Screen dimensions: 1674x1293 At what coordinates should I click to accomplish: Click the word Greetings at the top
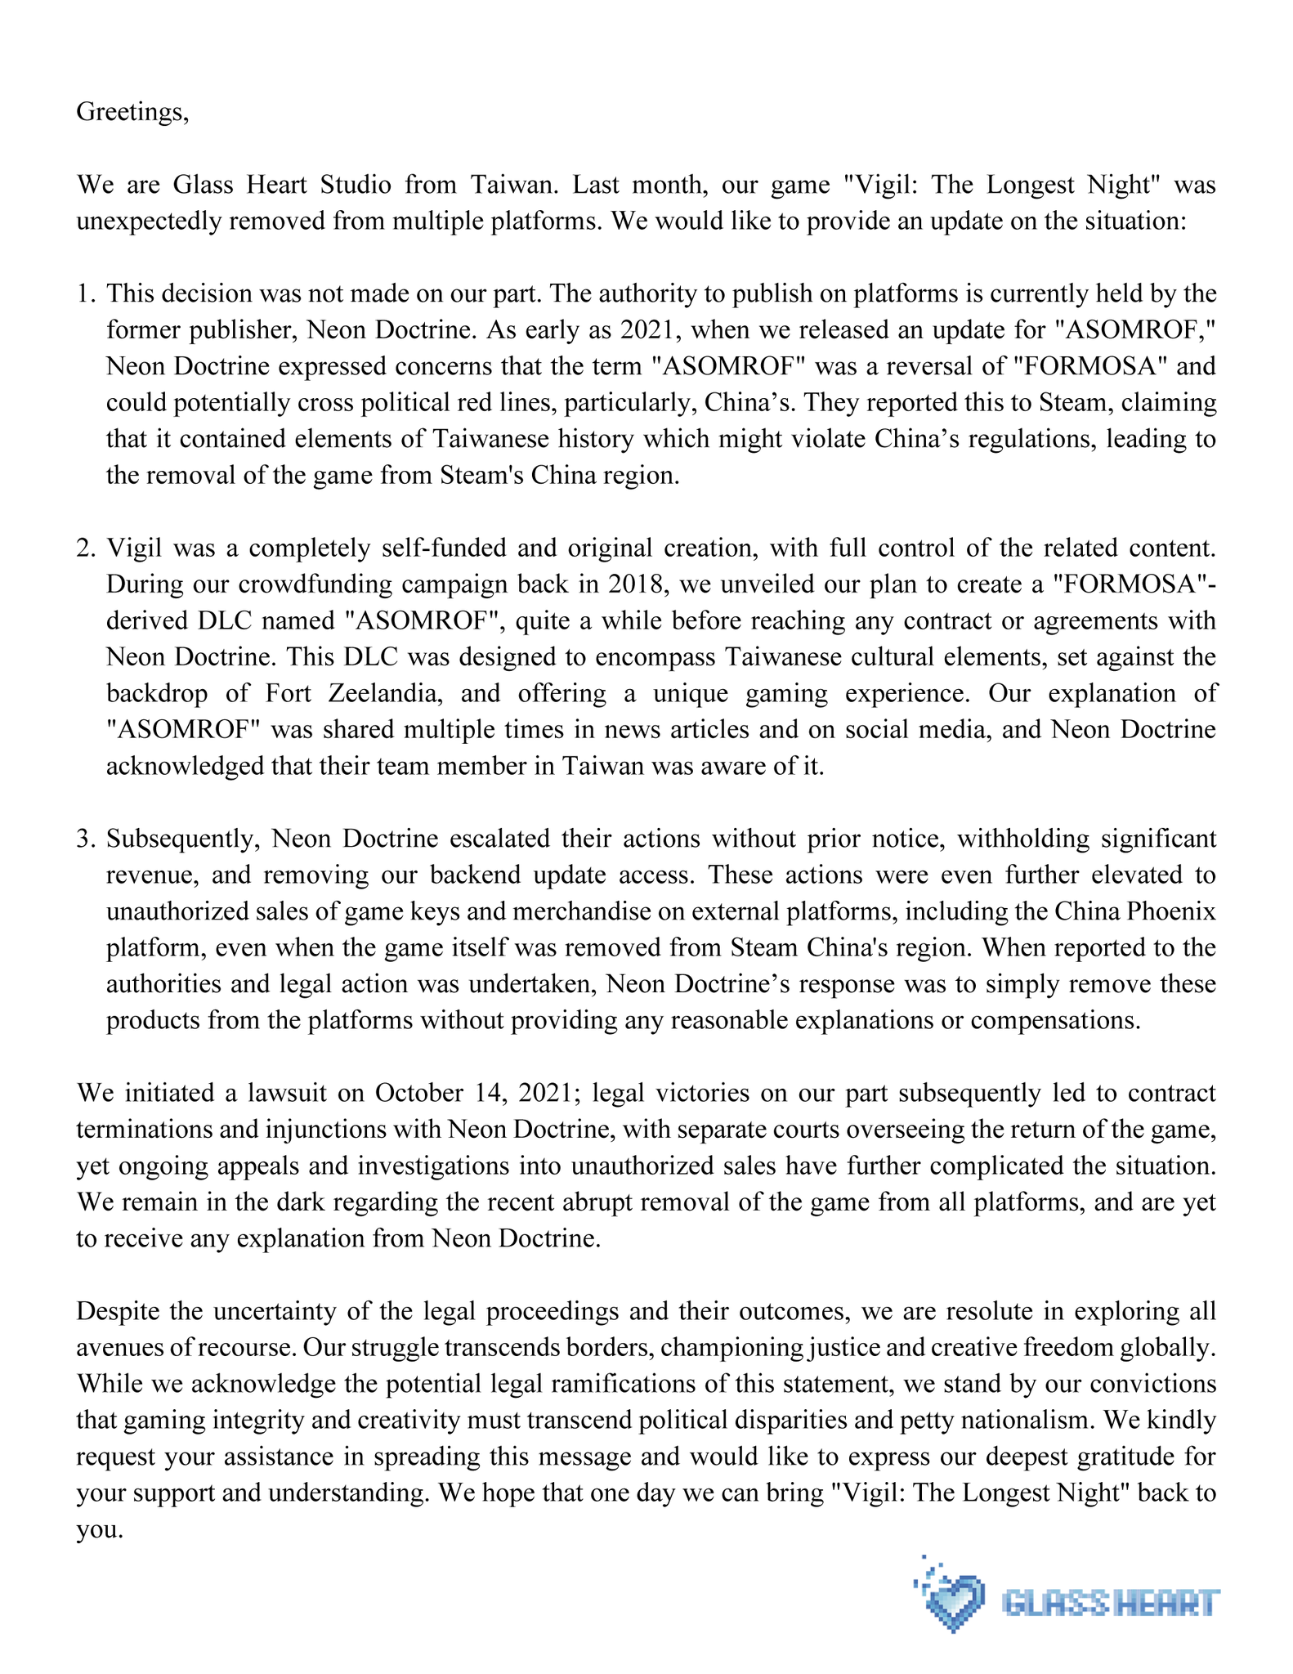(131, 112)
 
